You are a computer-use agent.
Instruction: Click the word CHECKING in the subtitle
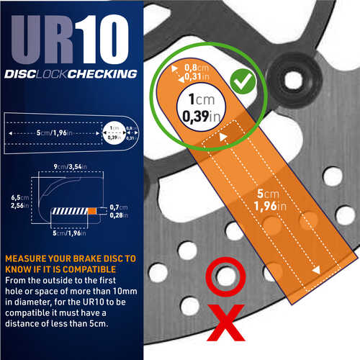105,73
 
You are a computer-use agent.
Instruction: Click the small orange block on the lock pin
91,210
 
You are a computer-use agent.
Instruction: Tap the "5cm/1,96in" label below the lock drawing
66,234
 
